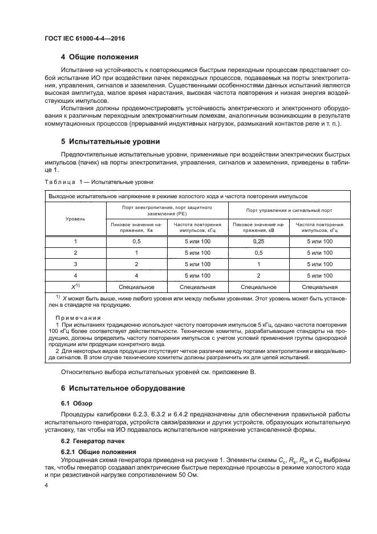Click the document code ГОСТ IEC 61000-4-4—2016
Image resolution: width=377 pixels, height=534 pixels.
(x=84, y=38)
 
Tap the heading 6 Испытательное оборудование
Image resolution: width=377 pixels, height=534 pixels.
(x=123, y=388)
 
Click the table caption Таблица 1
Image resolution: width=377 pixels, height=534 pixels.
(x=99, y=182)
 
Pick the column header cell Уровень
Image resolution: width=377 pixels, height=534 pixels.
(x=76, y=218)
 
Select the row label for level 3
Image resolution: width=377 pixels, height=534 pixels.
(x=76, y=264)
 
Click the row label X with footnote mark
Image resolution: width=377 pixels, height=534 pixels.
(x=76, y=287)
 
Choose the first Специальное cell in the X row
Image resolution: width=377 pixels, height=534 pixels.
(x=136, y=287)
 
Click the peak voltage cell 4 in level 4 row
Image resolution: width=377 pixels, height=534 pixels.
(x=136, y=276)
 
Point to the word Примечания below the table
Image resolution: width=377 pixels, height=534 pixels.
(x=78, y=317)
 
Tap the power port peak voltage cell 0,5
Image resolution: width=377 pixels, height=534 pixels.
(x=136, y=242)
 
